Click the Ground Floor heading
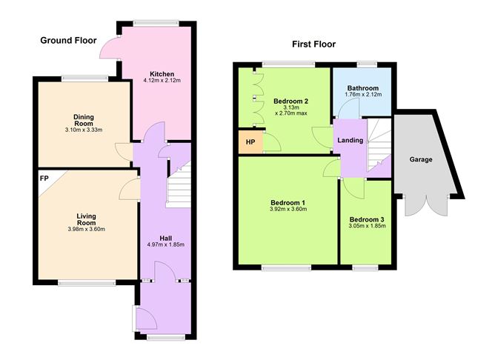(x=69, y=40)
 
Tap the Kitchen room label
(x=162, y=75)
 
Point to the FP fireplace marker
(x=45, y=178)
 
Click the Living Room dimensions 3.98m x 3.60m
(x=87, y=229)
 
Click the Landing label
(x=350, y=141)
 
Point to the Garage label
(x=421, y=159)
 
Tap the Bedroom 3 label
(x=366, y=220)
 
